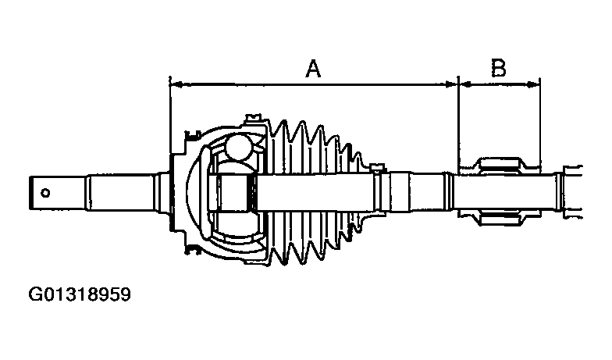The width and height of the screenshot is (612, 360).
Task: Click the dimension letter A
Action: [x=313, y=70]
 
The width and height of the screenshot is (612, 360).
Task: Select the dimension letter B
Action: [x=498, y=70]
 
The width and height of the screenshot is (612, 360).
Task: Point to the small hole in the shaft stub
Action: [x=46, y=192]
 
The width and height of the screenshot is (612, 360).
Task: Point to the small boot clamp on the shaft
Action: [x=379, y=170]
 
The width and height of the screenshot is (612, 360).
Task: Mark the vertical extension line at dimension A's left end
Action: [x=169, y=117]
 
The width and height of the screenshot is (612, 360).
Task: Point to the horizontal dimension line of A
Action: [x=234, y=83]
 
